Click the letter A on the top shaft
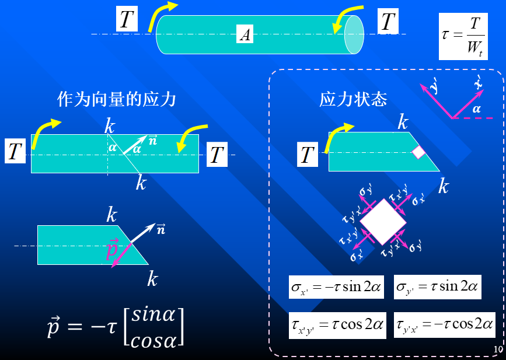[x=245, y=34]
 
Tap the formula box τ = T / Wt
[x=463, y=36]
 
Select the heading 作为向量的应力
[x=117, y=99]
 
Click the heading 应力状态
[x=353, y=99]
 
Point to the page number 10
[x=498, y=349]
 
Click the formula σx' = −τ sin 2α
[x=336, y=286]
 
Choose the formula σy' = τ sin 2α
[x=437, y=286]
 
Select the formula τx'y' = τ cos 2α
[x=337, y=325]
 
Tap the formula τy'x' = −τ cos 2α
[x=444, y=325]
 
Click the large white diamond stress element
[x=383, y=222]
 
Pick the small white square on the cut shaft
[x=419, y=152]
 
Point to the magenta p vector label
[x=112, y=249]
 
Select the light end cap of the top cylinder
[x=354, y=34]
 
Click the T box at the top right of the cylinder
[x=388, y=21]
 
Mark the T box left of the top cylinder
[x=127, y=19]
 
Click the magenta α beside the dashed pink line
[x=476, y=109]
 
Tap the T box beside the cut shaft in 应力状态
[x=307, y=154]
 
